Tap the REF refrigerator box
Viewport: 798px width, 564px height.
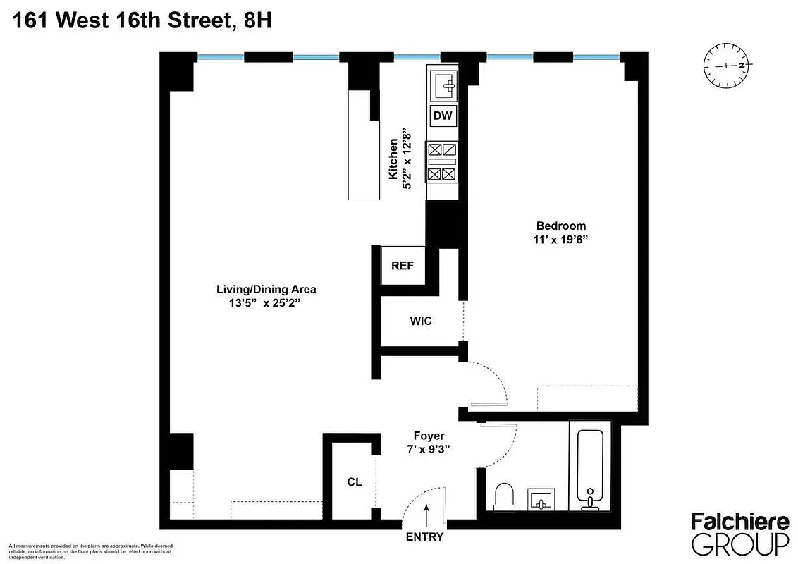click(403, 266)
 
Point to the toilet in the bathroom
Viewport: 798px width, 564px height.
click(505, 496)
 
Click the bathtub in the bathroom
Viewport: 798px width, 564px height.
click(589, 466)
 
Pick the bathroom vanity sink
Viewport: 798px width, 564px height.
click(541, 500)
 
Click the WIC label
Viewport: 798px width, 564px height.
click(421, 321)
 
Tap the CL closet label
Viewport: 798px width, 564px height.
click(354, 483)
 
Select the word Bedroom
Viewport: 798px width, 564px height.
click(561, 226)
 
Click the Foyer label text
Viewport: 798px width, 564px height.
click(429, 436)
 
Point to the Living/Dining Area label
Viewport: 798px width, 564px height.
click(266, 290)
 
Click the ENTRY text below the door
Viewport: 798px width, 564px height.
click(425, 537)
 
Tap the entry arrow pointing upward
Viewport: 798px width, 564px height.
click(426, 513)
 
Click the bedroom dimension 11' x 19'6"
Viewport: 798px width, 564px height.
click(561, 240)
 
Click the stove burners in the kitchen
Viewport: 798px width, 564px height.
click(443, 161)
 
